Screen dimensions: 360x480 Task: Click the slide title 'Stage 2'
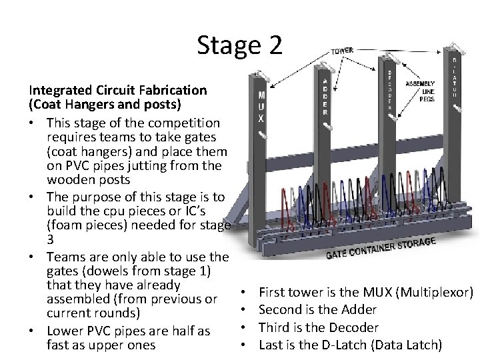click(x=240, y=45)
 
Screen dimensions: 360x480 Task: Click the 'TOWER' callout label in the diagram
click(x=343, y=51)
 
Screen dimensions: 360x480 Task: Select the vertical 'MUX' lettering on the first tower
click(x=262, y=106)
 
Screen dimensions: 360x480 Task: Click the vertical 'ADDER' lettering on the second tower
click(x=325, y=96)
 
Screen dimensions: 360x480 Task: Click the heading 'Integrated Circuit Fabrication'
click(x=117, y=90)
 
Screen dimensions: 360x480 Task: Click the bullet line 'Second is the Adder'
click(x=317, y=309)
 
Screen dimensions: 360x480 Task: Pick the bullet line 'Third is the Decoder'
click(x=318, y=327)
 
